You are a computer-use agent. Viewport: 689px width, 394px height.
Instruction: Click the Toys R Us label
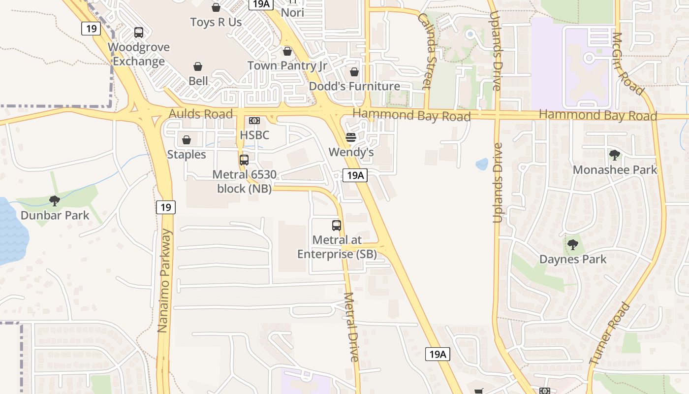click(216, 22)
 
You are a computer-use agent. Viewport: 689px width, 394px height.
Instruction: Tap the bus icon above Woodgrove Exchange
click(139, 33)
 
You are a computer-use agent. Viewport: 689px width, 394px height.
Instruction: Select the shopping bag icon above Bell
click(198, 66)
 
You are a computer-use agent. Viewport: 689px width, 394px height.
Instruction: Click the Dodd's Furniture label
click(354, 86)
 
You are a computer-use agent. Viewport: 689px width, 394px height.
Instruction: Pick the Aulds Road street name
click(201, 114)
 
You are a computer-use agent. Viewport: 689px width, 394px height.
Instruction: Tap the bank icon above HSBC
click(254, 121)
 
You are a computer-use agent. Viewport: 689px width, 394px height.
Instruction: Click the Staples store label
click(187, 154)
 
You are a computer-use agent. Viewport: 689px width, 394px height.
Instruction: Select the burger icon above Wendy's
click(351, 137)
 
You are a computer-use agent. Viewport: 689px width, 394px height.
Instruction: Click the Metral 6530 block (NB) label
click(245, 181)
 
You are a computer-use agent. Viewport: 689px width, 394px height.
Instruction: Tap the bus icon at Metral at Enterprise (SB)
click(337, 226)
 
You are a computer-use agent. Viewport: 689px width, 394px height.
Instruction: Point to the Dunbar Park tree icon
click(55, 201)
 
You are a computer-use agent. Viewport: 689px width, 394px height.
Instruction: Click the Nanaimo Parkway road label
click(165, 281)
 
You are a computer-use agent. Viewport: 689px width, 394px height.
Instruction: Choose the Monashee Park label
click(615, 170)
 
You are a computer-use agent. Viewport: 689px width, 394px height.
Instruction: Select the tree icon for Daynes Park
click(572, 245)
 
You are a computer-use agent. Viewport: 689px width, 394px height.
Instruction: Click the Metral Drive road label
click(352, 328)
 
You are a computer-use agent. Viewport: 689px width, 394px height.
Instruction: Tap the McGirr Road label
click(627, 64)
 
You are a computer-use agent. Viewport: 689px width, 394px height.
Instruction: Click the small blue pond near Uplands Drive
click(482, 164)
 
